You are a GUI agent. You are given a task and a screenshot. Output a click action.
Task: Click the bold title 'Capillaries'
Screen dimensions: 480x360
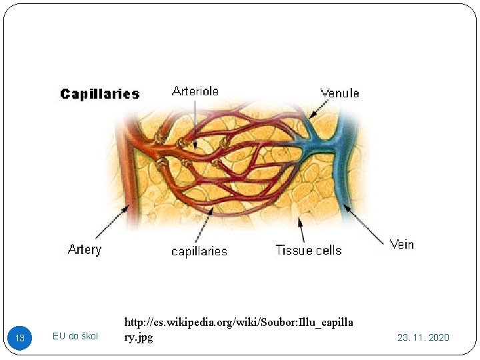(100, 94)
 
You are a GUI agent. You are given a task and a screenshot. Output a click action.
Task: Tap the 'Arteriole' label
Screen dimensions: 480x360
(195, 91)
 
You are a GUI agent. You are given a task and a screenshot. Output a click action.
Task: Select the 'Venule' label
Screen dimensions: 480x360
(339, 93)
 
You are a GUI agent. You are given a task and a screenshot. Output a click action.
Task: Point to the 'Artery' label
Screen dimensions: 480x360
(85, 250)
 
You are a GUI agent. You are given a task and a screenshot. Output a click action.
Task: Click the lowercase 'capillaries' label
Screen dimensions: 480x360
(199, 251)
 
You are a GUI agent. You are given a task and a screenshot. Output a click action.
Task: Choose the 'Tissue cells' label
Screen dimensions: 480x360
(309, 251)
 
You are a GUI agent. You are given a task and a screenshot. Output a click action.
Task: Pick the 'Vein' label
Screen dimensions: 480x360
(402, 244)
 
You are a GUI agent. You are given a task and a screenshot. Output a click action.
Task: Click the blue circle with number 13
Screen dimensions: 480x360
(20, 338)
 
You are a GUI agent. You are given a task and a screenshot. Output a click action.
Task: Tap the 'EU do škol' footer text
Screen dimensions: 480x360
(75, 336)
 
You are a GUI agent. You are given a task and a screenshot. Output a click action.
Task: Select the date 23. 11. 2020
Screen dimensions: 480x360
(423, 337)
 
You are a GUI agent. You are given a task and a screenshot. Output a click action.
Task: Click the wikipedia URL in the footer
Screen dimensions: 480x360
(239, 330)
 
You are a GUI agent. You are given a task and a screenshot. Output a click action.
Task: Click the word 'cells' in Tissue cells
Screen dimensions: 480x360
(327, 251)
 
